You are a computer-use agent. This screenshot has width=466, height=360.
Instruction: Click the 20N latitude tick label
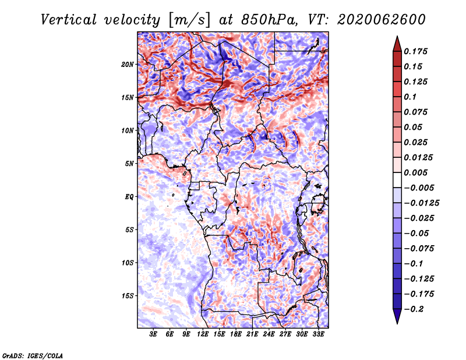coord(128,64)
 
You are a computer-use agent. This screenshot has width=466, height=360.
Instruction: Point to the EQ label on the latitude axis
coord(129,197)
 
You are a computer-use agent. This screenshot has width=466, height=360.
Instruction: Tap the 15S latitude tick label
coord(128,296)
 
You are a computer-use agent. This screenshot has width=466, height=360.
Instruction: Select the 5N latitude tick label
coord(129,164)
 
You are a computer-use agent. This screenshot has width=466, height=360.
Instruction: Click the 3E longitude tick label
coord(153,334)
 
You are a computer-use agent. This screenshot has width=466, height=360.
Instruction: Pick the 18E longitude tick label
coord(236,334)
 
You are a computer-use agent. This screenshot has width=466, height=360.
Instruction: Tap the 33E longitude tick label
coord(318,334)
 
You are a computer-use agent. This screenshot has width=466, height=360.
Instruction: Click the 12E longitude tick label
coord(203,334)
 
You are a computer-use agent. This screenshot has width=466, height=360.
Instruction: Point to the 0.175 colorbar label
coord(415,51)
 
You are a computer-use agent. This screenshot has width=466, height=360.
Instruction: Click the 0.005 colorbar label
coord(415,172)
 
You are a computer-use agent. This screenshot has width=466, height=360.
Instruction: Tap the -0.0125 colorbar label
coord(421,203)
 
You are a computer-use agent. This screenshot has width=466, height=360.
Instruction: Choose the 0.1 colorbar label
coord(410,97)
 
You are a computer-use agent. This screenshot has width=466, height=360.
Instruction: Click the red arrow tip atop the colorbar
coord(397,36)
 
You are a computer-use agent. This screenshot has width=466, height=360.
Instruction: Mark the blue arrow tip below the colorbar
coord(397,323)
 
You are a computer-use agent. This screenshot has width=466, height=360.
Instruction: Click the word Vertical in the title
coord(69,20)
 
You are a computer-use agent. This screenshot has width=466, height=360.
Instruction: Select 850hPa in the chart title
coord(269,20)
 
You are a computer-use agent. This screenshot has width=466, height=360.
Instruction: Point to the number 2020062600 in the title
coord(382,20)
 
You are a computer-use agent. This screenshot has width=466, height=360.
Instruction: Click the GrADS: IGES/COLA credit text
coord(33,356)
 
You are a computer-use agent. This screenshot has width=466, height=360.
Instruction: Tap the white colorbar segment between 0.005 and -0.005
coord(397,180)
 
